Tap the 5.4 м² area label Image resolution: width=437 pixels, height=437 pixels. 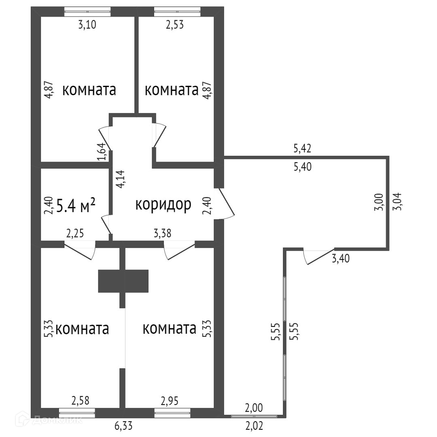[x=76, y=206]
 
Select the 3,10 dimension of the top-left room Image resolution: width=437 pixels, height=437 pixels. [x=88, y=25]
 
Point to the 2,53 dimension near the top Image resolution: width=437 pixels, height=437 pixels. [x=175, y=25]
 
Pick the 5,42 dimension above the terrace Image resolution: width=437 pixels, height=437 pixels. [x=302, y=149]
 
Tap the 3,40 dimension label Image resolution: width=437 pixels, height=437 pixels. [x=341, y=258]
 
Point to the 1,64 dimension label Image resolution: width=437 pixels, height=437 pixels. [x=102, y=151]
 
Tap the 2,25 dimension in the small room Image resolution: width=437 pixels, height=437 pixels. [x=75, y=233]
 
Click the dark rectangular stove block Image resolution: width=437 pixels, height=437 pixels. [x=123, y=281]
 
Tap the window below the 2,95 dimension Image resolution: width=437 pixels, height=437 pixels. [x=172, y=413]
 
